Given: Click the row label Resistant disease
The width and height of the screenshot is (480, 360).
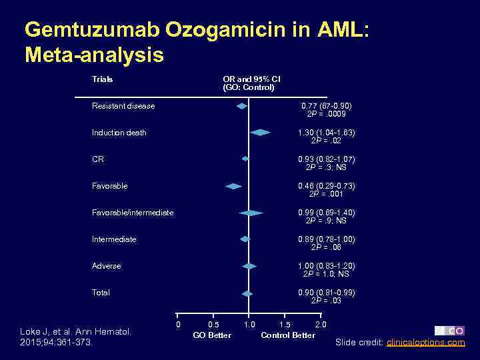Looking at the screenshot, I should [123, 106].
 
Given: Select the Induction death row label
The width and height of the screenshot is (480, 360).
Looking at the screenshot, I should [119, 133].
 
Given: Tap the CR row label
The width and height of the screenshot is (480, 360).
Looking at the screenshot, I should [97, 159].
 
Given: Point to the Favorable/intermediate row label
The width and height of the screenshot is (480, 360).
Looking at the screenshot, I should [132, 213].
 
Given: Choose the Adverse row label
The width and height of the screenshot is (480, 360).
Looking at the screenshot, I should [106, 266].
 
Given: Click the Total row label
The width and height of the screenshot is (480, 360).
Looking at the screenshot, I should [101, 293].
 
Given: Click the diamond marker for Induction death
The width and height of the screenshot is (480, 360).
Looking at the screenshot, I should [260, 133].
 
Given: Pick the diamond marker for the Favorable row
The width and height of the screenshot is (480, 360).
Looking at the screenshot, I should [233, 186].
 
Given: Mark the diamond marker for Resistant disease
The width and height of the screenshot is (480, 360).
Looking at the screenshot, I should [242, 106].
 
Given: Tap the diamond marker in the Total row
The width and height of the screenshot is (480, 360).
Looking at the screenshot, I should [247, 293].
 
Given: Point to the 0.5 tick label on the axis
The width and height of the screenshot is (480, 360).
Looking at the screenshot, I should [213, 325].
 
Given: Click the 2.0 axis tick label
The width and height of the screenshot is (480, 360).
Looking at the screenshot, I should [320, 325].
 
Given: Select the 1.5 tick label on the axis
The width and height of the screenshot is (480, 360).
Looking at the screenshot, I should [284, 325].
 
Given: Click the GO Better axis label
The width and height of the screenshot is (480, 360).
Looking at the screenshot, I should [212, 335].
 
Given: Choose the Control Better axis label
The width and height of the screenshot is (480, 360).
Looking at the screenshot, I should [288, 335].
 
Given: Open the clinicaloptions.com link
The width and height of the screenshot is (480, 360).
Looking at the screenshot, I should [425, 343].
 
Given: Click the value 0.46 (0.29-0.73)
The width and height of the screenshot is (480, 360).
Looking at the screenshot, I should [326, 186].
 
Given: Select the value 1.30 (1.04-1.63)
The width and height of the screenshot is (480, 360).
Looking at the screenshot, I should [326, 133].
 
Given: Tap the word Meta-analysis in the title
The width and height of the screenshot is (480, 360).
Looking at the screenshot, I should [94, 55].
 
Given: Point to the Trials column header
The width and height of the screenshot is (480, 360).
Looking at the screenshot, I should [102, 79].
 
